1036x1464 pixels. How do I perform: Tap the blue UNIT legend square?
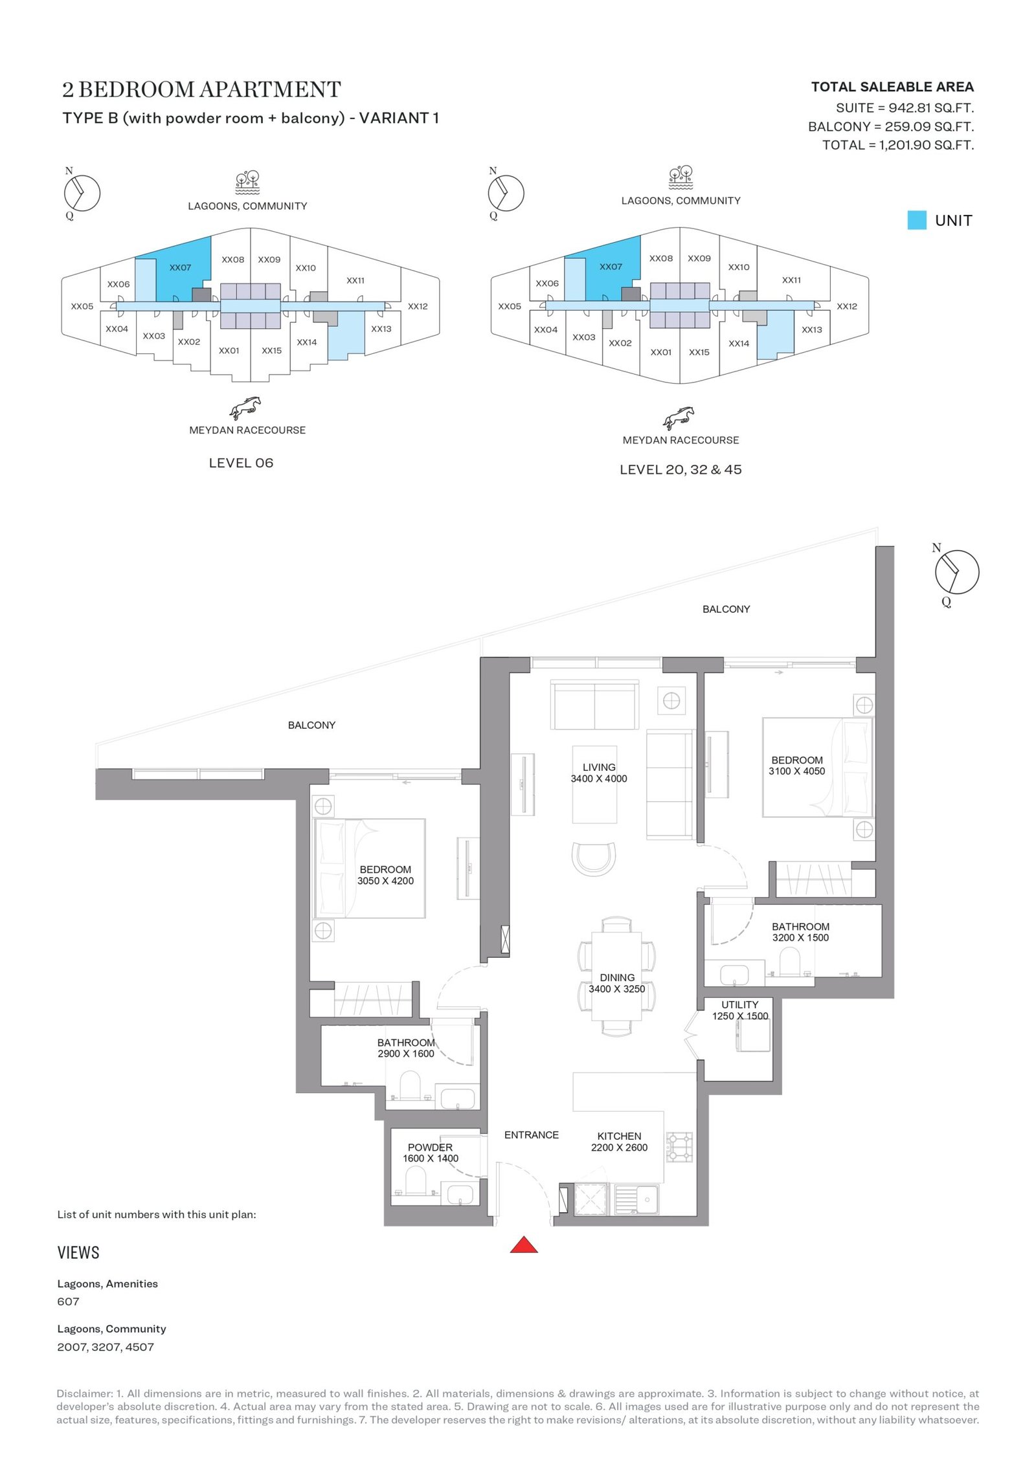[916, 220]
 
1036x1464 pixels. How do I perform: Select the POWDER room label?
[430, 1148]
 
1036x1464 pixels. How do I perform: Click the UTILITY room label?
[739, 1004]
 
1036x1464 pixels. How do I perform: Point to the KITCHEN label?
[619, 1136]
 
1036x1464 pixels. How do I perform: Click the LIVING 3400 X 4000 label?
[599, 773]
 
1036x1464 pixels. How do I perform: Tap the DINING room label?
[617, 977]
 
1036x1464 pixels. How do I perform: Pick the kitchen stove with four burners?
[680, 1147]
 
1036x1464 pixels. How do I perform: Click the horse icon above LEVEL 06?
[245, 408]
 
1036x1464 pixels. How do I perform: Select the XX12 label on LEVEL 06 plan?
[418, 306]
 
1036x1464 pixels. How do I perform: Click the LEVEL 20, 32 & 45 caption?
[681, 469]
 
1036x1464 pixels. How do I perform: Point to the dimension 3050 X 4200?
[385, 881]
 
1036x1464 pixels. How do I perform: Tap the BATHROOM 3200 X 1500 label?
[800, 932]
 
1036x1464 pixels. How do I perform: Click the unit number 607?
[68, 1302]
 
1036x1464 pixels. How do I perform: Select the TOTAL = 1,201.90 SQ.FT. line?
[898, 145]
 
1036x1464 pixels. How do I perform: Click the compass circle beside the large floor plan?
[957, 571]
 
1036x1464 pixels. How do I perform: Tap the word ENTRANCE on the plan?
[532, 1135]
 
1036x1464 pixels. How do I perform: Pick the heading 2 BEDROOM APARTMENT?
[201, 89]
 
